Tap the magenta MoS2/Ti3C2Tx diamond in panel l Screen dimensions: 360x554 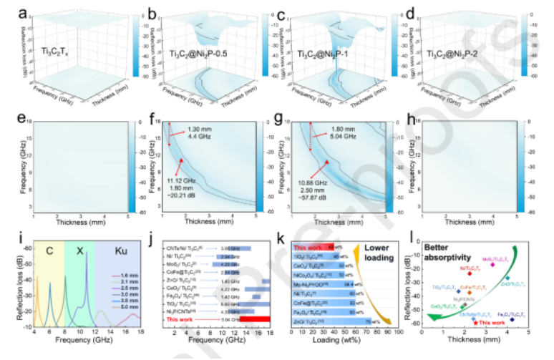pyautogui.click(x=492, y=265)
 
